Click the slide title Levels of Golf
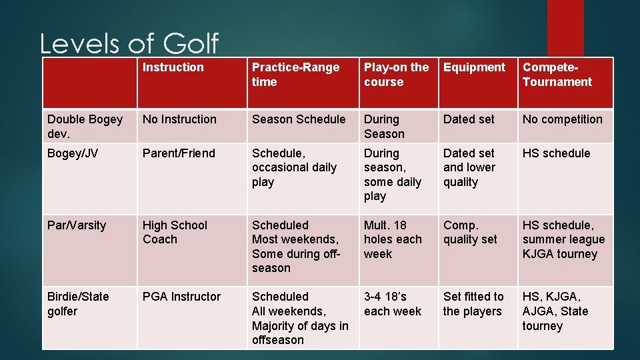pos(129,44)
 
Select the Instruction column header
pos(173,67)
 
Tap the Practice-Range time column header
pos(295,75)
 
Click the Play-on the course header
pos(396,75)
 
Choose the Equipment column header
pos(474,67)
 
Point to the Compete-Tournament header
pos(557,75)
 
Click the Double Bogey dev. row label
pos(85,127)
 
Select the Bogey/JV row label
pos(73,153)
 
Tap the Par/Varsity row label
pos(76,225)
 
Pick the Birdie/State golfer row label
pos(77,304)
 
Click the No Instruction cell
pos(179,119)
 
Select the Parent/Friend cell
pos(179,153)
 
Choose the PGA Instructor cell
pos(181,297)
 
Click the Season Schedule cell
pos(299,119)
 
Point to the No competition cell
pos(562,119)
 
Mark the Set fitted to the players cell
pos(473,304)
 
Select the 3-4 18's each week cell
pos(393,304)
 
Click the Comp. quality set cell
pos(470,233)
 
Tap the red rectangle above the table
pos(565,27)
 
